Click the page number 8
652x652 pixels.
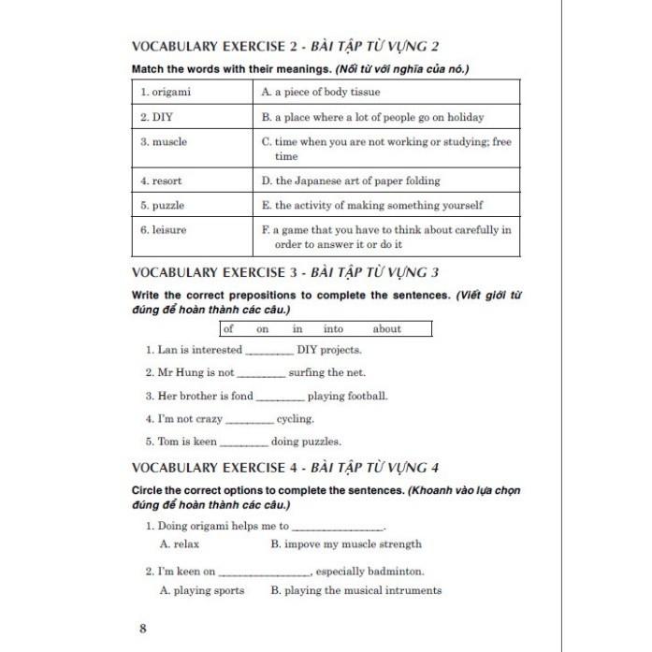click(142, 629)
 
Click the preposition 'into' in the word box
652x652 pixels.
click(334, 328)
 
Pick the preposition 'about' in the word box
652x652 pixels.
click(386, 328)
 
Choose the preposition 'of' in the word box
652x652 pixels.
click(229, 328)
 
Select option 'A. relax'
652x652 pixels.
click(180, 543)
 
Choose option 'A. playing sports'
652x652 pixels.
click(202, 590)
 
